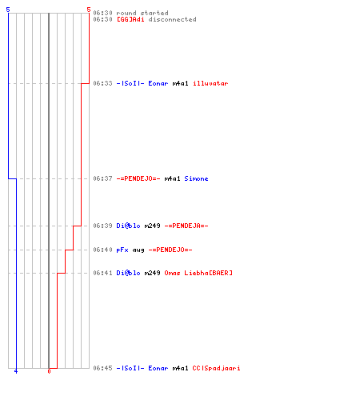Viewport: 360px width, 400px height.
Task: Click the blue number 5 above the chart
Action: [8, 10]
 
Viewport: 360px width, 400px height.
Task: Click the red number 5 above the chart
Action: [89, 10]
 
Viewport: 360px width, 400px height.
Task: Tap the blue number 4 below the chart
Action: [16, 371]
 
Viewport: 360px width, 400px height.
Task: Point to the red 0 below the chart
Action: [49, 371]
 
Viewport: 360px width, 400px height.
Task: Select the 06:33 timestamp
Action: [102, 83]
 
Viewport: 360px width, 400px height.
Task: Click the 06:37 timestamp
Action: [102, 178]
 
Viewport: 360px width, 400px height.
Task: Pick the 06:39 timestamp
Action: [102, 226]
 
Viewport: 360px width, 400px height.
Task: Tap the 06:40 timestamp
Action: [102, 250]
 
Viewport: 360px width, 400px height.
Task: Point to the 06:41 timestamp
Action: [102, 273]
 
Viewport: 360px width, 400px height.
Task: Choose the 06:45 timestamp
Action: [102, 368]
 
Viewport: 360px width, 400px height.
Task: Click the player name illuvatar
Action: [210, 83]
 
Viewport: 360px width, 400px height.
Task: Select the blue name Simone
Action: [196, 178]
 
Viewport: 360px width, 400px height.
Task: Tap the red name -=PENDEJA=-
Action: [186, 226]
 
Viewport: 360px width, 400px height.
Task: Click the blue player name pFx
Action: [122, 250]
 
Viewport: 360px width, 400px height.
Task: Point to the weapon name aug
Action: [138, 250]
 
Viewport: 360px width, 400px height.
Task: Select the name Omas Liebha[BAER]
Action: [198, 273]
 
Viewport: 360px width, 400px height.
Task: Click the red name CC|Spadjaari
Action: [216, 368]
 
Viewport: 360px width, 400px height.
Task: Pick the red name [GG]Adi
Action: [130, 19]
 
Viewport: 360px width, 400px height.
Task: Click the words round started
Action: [142, 13]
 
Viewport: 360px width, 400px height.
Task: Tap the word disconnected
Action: [172, 19]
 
